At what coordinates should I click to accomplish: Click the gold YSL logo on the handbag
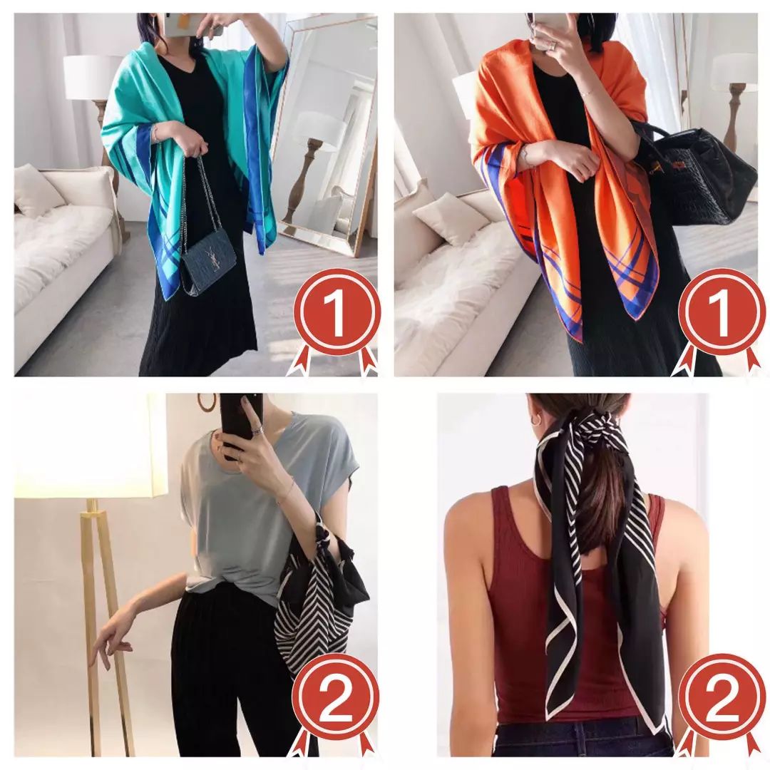[215, 260]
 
